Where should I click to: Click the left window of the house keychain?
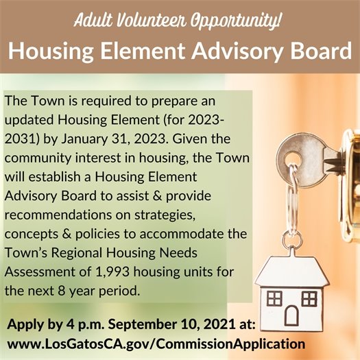pos(274,298)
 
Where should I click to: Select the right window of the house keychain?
pos(309,298)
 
